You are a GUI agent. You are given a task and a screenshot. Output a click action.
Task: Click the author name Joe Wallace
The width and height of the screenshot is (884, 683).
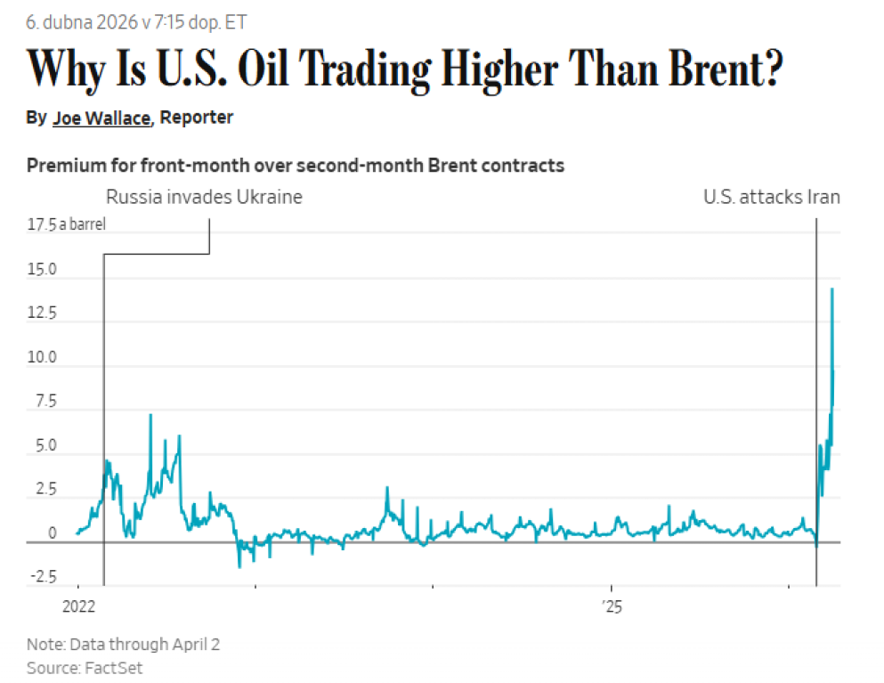pyautogui.click(x=101, y=118)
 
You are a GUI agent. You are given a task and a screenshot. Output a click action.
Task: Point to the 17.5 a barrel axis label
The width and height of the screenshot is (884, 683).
pyautogui.click(x=67, y=224)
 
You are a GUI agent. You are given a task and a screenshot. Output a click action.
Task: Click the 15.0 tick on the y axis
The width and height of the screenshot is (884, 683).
pyautogui.click(x=44, y=269)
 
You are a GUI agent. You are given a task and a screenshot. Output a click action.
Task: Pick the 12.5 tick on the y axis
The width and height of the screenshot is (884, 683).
pyautogui.click(x=44, y=313)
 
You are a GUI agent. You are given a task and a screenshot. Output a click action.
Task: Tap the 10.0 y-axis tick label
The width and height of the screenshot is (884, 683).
pyautogui.click(x=44, y=357)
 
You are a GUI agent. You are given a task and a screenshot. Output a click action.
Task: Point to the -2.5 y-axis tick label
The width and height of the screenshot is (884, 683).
pyautogui.click(x=43, y=577)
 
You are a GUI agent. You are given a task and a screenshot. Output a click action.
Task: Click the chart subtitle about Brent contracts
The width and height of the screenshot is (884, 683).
pyautogui.click(x=296, y=166)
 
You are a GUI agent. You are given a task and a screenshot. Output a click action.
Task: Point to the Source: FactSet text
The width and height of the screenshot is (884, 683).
pyautogui.click(x=85, y=667)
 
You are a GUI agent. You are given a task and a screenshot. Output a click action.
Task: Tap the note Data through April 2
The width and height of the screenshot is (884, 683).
pyautogui.click(x=123, y=644)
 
